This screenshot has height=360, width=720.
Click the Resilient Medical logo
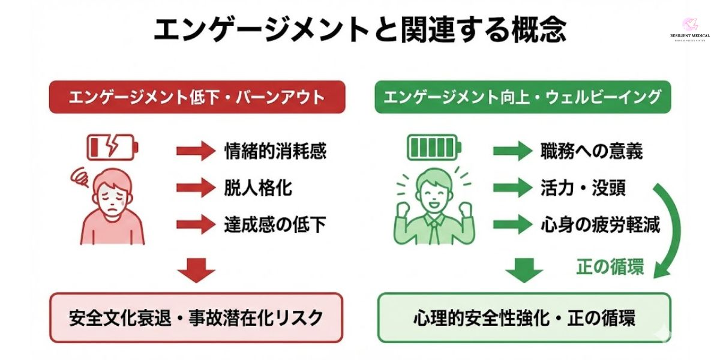(689, 30)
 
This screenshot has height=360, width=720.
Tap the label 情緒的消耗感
(275, 151)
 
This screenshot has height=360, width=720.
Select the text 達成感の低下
(275, 225)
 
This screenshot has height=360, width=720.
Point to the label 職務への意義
(591, 151)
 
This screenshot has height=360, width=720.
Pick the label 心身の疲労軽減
(600, 225)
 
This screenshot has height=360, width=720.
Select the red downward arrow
(196, 270)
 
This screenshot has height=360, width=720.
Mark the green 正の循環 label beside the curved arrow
(610, 266)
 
